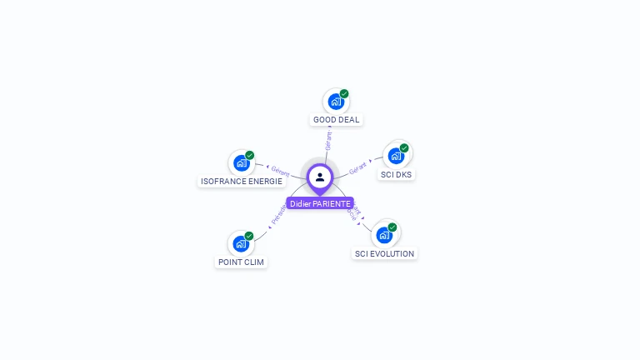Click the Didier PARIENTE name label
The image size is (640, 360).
[320, 203]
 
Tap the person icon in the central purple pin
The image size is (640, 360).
[320, 177]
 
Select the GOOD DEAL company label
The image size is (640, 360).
[336, 120]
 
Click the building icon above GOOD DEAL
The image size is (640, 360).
[336, 102]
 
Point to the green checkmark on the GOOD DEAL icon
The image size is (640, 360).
[344, 94]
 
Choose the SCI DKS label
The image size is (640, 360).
[397, 175]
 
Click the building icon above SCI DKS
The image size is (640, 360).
[396, 156]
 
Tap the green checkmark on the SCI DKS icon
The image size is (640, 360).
[404, 148]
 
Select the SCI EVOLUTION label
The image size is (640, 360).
[384, 254]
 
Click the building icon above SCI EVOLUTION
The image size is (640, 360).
[384, 235]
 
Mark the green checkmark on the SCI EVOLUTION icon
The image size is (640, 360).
[392, 227]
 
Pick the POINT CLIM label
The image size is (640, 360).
[242, 262]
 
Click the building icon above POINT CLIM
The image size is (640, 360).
[241, 243]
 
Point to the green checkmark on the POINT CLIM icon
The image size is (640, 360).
[249, 236]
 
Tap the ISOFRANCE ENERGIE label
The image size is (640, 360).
[242, 182]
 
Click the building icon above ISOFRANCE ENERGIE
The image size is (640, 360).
[241, 162]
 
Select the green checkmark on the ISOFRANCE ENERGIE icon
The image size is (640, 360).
[249, 155]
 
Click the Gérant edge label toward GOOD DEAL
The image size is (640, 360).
[329, 141]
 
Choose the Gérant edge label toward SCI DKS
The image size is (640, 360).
[358, 166]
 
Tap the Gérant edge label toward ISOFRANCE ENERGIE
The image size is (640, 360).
[280, 172]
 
